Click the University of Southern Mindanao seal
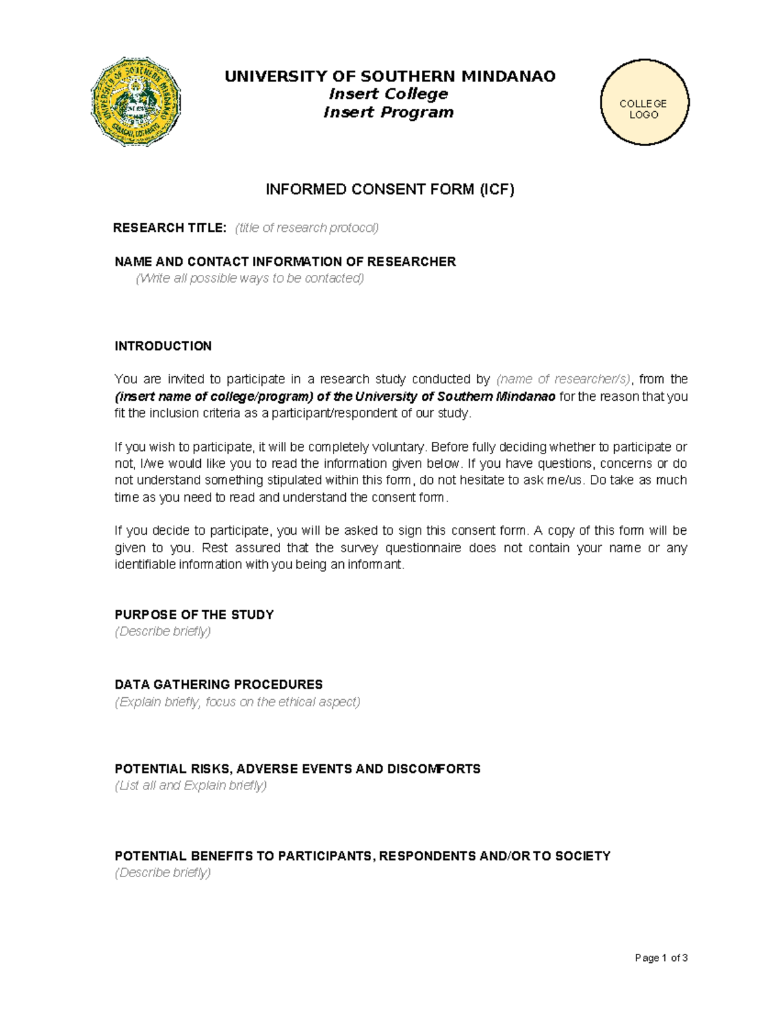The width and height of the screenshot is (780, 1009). pos(135,101)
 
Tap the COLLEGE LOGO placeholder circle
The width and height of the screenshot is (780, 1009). pos(643,103)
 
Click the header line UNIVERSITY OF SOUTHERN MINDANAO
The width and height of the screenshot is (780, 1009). pos(390,77)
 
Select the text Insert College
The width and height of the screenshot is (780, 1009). pos(389,94)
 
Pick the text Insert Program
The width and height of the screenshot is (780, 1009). pos(389,112)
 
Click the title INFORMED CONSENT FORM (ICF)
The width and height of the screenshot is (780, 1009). pos(390,190)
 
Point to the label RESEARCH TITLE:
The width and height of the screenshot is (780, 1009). pos(170,228)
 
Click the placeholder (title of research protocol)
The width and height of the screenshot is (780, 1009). pos(307,228)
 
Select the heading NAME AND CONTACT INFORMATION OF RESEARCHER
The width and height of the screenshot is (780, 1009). pos(285,262)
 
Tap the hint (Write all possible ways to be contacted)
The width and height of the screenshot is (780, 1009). pos(250,279)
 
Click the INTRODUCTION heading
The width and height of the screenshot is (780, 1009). pos(163,346)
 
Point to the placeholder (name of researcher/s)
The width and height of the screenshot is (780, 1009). pos(564,379)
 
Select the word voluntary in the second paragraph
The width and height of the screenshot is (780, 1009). pos(400,448)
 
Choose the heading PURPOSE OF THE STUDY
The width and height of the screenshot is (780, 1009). pos(194,615)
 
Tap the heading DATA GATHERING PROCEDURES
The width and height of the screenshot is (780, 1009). pos(218,685)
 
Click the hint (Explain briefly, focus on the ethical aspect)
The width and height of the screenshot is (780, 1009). pos(237,702)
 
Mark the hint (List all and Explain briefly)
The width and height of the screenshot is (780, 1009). pos(190,786)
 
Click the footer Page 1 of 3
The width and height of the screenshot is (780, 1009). pos(661,958)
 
